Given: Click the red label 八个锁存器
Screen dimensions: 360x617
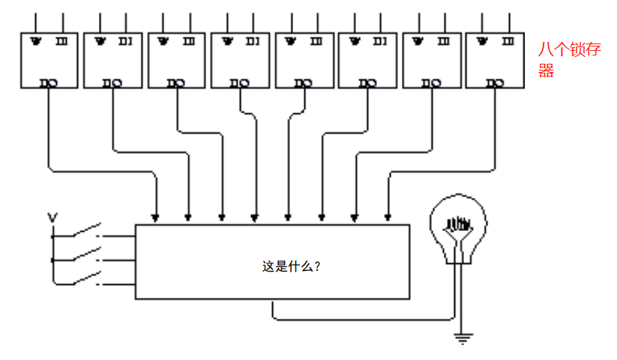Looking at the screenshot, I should point(568,61).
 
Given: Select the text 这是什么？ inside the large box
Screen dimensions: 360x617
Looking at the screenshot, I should point(291,265).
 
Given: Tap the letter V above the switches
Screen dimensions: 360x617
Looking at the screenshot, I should point(52,218).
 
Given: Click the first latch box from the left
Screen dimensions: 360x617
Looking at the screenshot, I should point(49,61).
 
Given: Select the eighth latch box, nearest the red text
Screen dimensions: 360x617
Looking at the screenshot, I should point(495,61).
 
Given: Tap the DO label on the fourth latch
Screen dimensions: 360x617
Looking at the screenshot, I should point(240,83).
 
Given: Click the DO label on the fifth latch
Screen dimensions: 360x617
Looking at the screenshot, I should point(303,83).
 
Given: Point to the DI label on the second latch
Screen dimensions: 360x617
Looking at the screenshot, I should point(124,40).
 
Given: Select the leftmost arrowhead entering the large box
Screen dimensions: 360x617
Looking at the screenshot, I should point(155,218).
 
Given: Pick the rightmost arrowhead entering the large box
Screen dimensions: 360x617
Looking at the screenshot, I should point(388,218).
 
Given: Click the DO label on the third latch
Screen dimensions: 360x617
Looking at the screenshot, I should point(177,83).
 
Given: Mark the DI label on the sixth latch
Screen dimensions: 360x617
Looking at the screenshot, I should point(379,40).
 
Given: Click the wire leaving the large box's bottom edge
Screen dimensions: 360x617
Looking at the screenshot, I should point(273,309).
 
